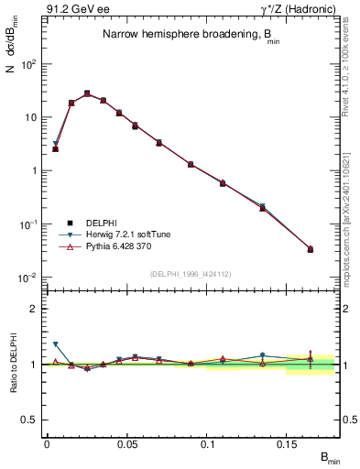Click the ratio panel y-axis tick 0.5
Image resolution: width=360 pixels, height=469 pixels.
pos(31,420)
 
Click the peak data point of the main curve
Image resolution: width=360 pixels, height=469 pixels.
pos(87,93)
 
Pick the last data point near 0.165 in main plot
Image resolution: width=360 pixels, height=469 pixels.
pos(311,249)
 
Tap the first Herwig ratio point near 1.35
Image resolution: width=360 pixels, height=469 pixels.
pos(55,344)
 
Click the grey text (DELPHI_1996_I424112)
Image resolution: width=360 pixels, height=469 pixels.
pos(190,272)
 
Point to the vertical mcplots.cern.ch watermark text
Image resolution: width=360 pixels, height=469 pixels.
pos(353,220)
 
